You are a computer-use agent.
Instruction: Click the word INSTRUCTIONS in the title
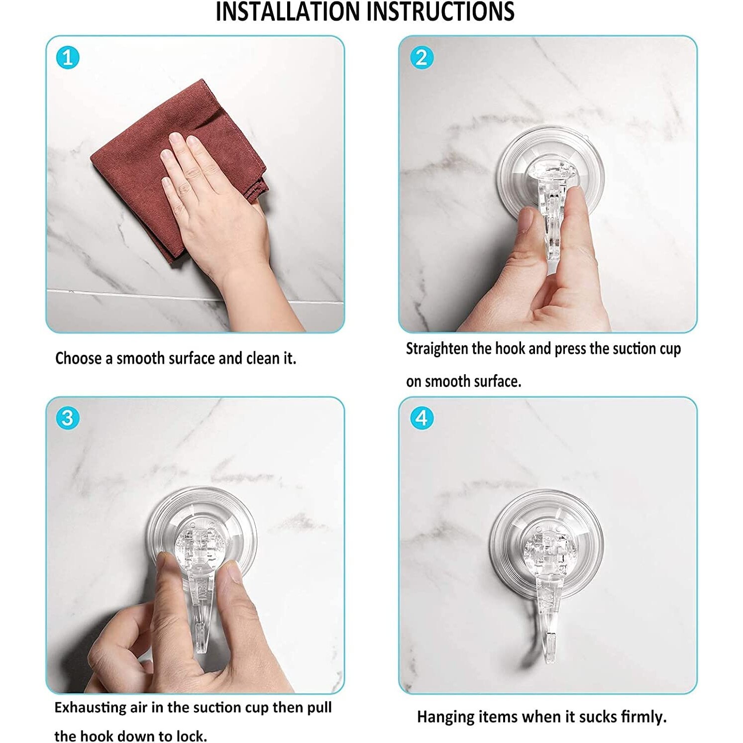coord(445,11)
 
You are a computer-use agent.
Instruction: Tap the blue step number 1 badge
coord(68,58)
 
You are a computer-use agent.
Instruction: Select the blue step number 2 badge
coord(422,58)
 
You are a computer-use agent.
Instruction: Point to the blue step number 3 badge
coord(68,418)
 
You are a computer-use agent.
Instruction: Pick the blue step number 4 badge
coord(422,418)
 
